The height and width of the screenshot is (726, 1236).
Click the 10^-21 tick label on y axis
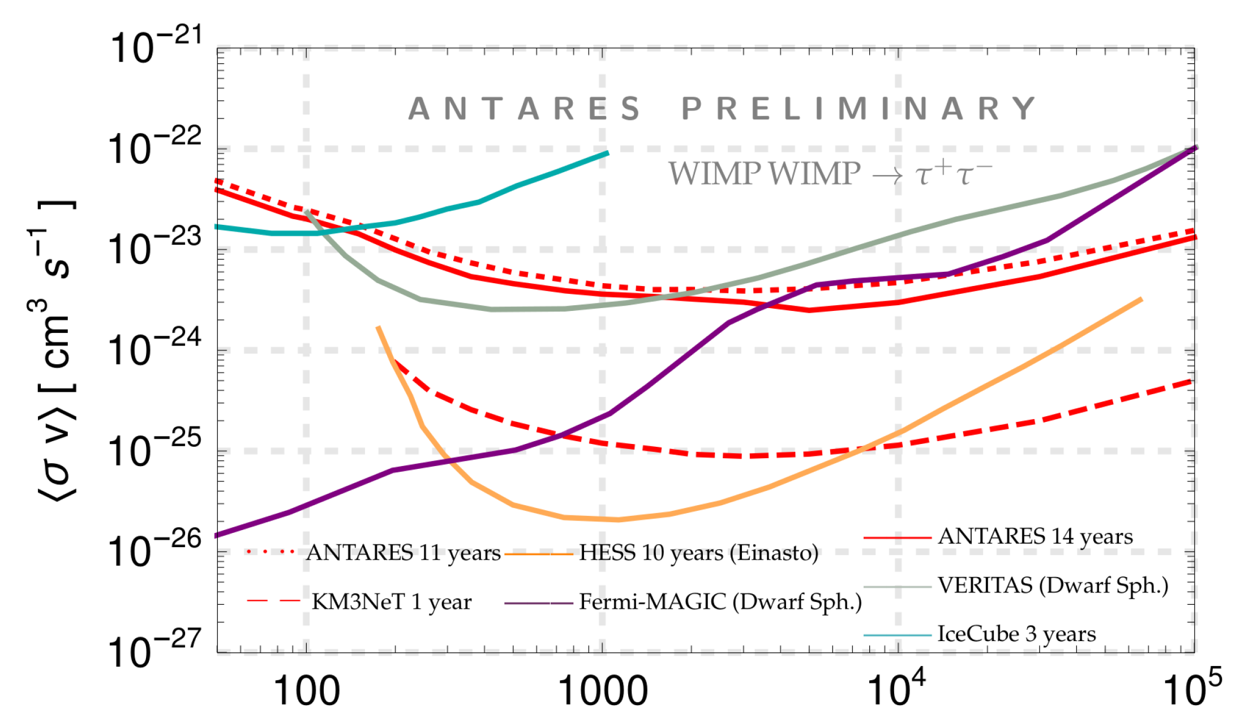(154, 46)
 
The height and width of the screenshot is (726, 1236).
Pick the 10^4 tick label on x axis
(897, 688)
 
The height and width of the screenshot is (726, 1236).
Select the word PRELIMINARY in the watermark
(859, 109)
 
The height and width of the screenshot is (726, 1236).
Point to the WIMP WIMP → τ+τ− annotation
(830, 173)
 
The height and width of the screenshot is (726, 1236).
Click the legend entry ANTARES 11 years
(403, 553)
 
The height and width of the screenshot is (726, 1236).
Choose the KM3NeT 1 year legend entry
(391, 602)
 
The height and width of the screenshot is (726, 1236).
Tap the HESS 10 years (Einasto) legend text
(698, 553)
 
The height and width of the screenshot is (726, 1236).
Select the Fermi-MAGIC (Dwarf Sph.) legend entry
(720, 602)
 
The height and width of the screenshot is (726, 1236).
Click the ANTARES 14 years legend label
(1035, 536)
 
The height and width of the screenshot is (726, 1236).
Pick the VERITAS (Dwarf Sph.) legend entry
(1053, 586)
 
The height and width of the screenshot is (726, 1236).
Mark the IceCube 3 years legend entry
(1016, 634)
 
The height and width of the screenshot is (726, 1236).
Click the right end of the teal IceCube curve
(608, 152)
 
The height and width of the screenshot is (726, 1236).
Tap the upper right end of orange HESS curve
(1141, 299)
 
